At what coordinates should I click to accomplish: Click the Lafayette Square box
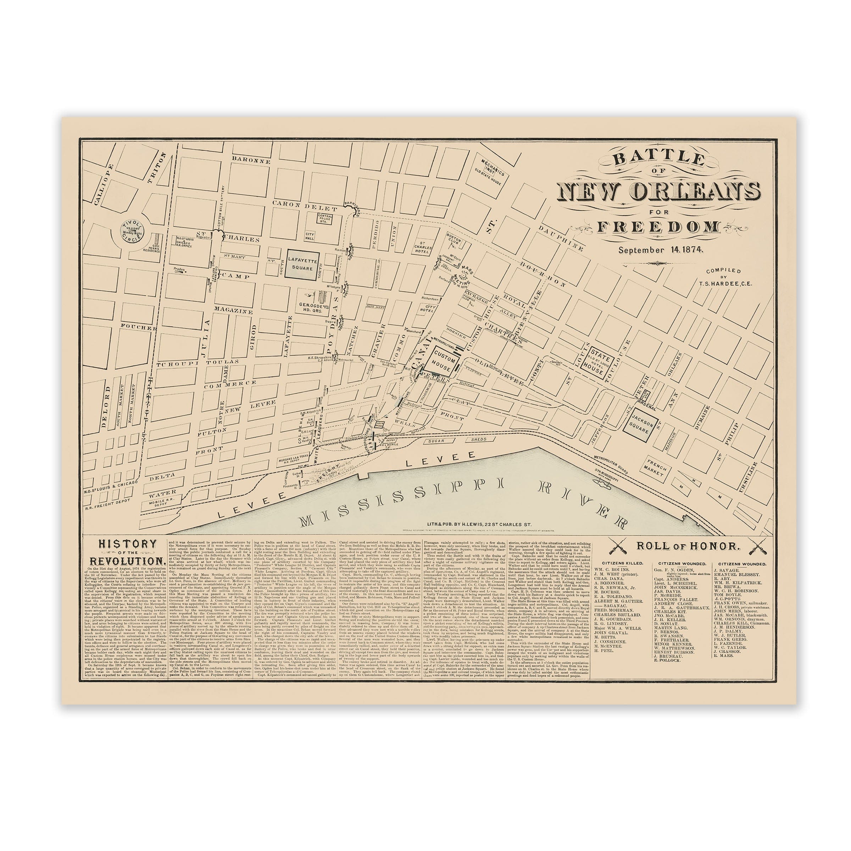[302, 264]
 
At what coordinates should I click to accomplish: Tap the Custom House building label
[444, 361]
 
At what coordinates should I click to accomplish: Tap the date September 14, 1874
[660, 249]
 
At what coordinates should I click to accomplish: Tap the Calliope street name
[104, 184]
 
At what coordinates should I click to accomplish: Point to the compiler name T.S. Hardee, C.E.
[723, 283]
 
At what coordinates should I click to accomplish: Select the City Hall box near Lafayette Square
[310, 236]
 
